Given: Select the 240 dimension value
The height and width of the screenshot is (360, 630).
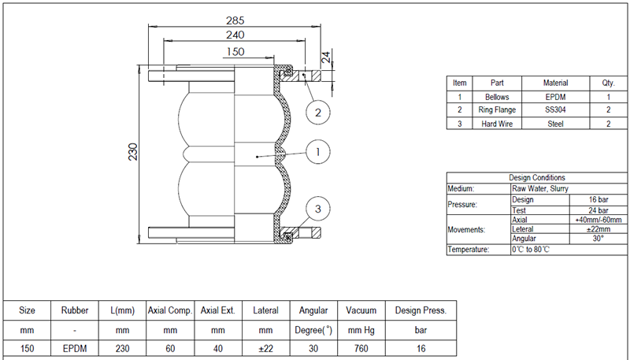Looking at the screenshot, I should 235,35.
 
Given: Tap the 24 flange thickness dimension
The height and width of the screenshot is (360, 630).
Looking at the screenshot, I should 324,57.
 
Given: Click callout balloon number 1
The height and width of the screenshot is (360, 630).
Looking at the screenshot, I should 317,151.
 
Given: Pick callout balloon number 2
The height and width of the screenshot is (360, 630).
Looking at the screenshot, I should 317,113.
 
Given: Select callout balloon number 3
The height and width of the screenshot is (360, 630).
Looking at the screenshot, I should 317,209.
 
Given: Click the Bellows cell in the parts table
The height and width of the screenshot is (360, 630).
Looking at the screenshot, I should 497,96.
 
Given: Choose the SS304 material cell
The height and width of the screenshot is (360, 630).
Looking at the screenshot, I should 555,109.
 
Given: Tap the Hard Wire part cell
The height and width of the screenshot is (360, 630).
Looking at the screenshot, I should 497,124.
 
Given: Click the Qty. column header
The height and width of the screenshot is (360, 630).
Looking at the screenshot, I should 608,83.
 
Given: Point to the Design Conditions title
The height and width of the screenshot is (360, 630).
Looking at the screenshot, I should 536,178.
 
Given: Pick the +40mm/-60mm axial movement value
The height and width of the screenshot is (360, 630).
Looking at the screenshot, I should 598,220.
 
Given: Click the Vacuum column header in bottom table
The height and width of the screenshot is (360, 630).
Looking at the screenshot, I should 361,310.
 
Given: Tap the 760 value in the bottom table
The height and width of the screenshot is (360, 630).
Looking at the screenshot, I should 361,348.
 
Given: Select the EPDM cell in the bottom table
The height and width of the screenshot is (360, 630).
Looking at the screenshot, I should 74,348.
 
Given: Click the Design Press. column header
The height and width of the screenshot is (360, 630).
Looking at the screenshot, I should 420,310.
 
